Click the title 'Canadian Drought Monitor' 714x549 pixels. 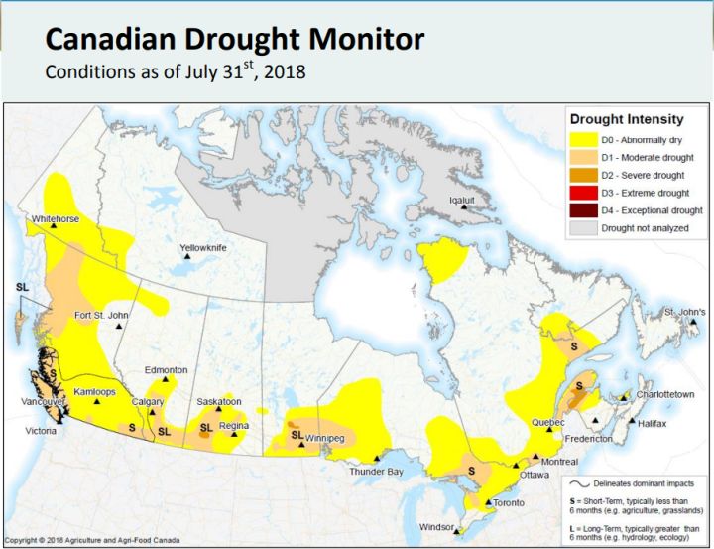click(236, 40)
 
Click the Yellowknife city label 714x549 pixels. click(203, 247)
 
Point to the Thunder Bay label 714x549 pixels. click(376, 471)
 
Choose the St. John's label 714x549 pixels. click(684, 312)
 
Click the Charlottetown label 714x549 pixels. click(664, 394)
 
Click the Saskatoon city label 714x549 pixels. click(219, 401)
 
